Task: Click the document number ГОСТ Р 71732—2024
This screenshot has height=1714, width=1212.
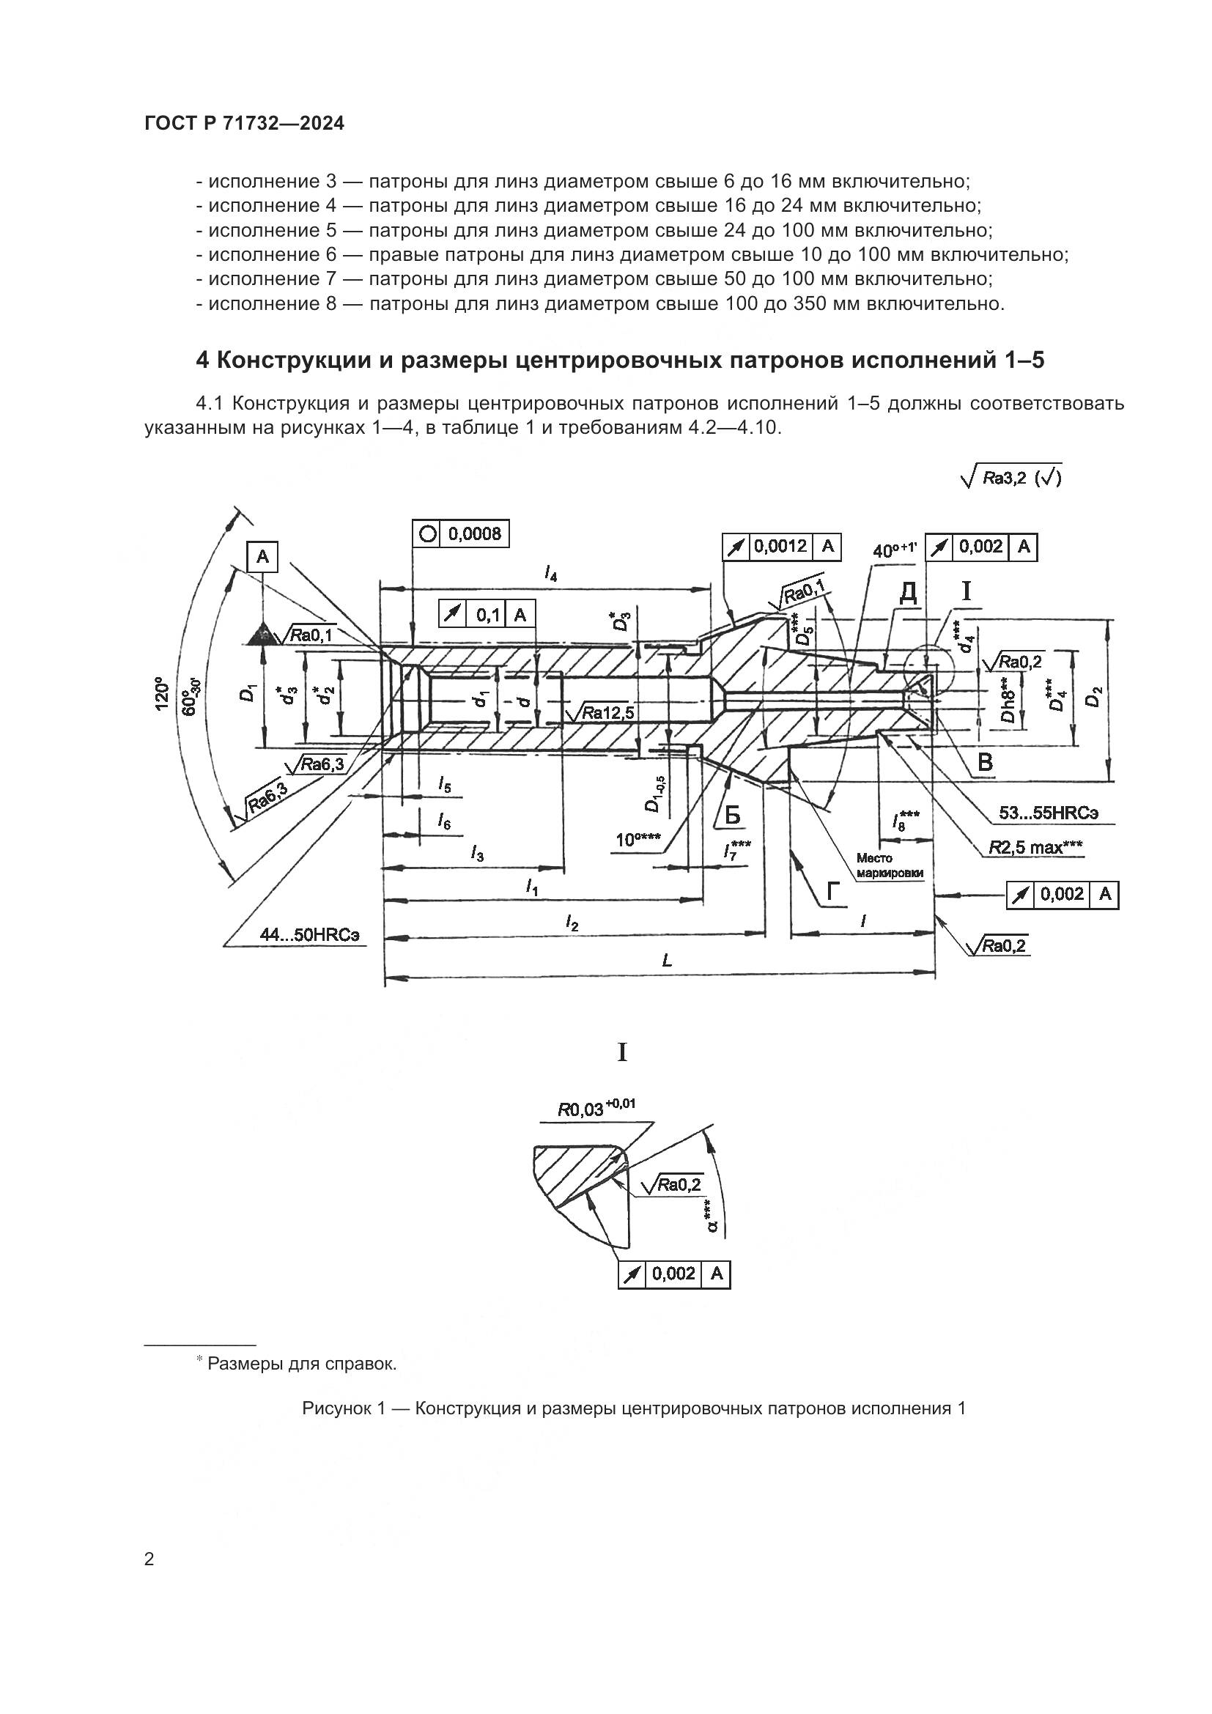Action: pos(245,123)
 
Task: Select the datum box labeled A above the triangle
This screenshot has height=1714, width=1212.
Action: pos(262,556)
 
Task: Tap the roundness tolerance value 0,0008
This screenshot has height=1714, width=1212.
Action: pos(474,533)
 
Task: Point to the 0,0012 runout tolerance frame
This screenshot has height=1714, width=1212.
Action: pos(781,547)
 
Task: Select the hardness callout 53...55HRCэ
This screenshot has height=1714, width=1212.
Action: pos(1048,812)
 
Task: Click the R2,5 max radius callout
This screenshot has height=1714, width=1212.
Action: pos(1036,846)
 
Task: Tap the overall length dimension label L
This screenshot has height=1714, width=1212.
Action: pos(666,961)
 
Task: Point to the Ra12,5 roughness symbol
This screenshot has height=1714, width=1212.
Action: pos(600,712)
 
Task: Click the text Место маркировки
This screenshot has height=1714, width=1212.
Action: pos(879,865)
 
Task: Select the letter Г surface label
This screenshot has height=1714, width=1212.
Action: pos(833,891)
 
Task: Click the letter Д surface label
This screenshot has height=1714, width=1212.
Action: pos(907,592)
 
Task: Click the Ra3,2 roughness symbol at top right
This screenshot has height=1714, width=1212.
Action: pos(1012,478)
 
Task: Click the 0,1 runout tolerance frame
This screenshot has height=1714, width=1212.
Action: pos(487,614)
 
